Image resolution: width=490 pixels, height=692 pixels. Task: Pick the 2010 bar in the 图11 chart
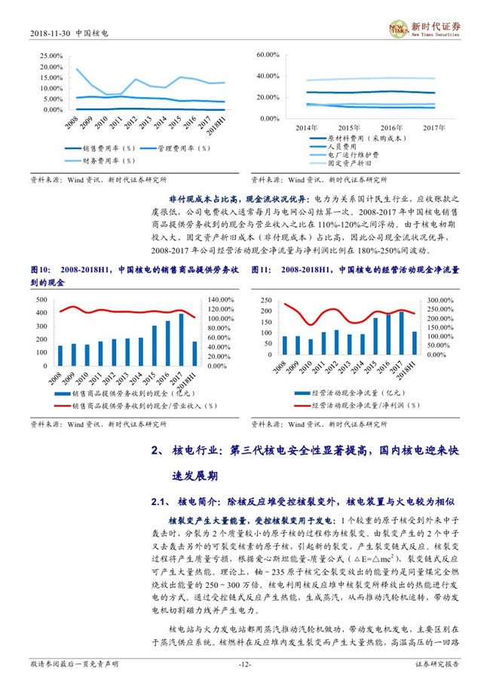coord(310,347)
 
